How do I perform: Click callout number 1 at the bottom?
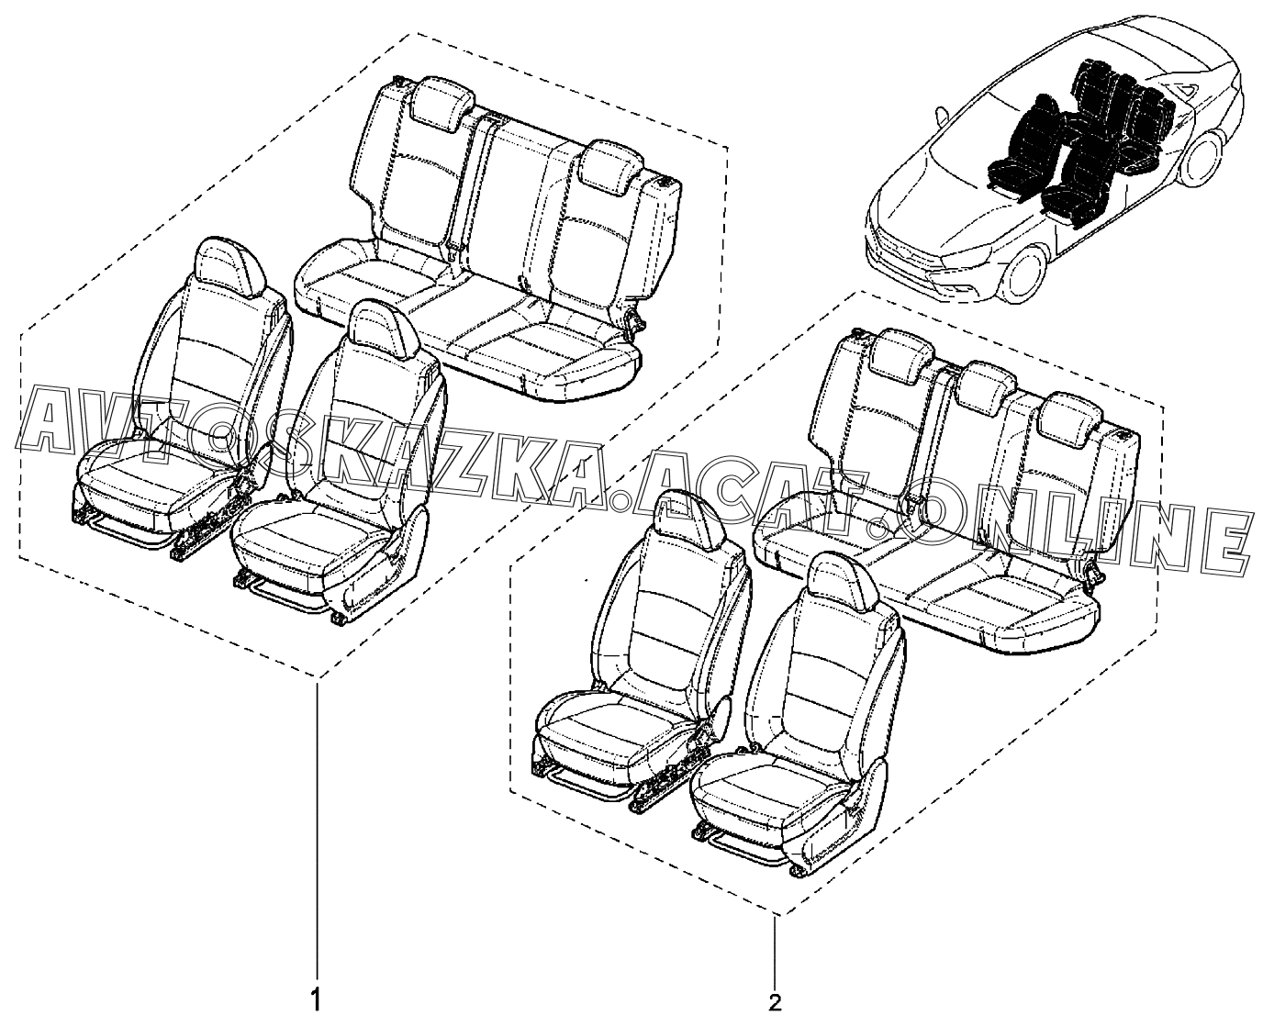coord(317,998)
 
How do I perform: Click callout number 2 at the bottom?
coord(777,1002)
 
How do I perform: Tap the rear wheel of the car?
coord(1209,161)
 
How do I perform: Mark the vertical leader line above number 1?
coord(318,826)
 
